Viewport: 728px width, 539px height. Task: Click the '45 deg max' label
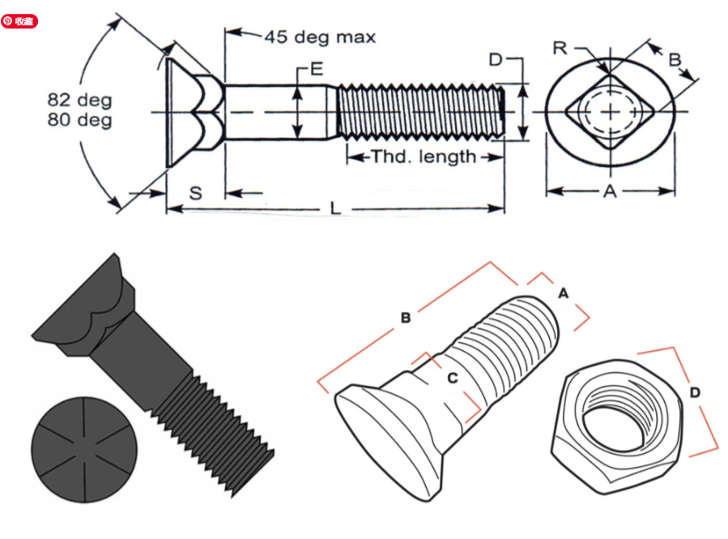[x=319, y=37]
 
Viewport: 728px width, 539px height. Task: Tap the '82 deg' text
[x=79, y=100]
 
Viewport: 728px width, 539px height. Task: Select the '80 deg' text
[x=79, y=121]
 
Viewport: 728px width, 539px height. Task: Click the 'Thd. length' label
[x=424, y=156]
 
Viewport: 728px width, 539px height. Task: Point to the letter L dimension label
[x=334, y=209]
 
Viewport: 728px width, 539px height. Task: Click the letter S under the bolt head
[x=195, y=193]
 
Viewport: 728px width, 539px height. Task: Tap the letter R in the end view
[x=560, y=48]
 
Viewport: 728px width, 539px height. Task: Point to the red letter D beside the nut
[x=695, y=393]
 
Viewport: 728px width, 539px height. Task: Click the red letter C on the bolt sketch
[x=453, y=377]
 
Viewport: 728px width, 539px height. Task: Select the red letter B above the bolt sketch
[x=406, y=318]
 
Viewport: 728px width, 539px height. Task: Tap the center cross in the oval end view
[x=610, y=110]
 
